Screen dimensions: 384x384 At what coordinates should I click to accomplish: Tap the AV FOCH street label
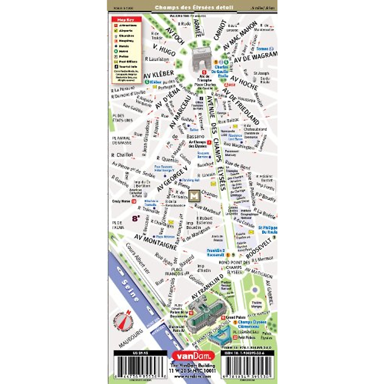175,36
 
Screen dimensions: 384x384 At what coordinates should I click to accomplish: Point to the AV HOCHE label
244,83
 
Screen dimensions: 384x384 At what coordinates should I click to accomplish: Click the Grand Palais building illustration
206,312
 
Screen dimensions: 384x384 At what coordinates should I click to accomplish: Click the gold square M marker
194,196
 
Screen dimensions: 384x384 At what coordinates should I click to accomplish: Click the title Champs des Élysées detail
194,7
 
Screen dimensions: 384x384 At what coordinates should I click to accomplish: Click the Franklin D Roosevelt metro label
216,253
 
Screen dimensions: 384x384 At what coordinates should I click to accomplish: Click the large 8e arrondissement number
136,219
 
